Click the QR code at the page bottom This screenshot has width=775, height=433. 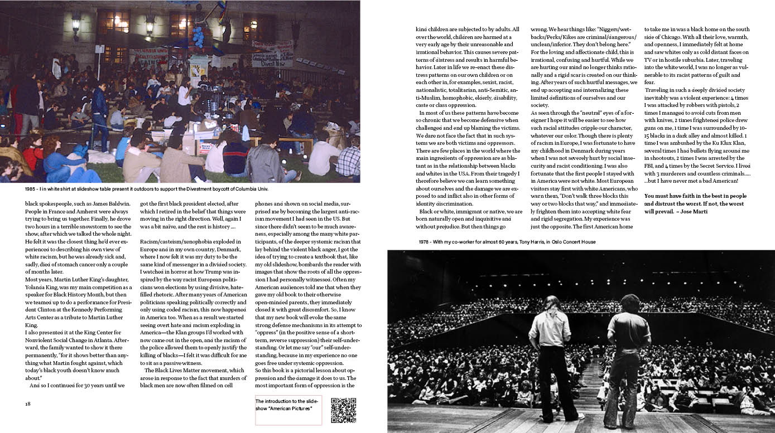[x=344, y=410]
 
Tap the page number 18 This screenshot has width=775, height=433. [x=28, y=403]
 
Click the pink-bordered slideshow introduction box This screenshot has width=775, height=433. [x=288, y=409]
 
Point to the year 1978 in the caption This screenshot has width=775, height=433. [x=426, y=242]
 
